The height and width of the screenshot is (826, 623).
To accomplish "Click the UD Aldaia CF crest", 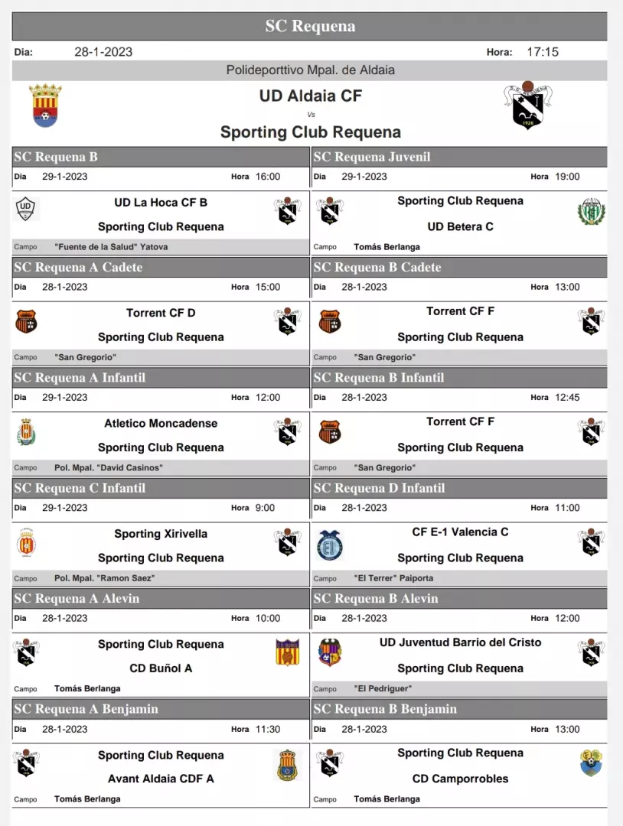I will pos(45,106).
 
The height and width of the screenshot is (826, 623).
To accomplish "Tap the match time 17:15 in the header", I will pos(543,52).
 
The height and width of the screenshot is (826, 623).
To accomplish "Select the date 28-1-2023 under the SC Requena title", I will pos(103,52).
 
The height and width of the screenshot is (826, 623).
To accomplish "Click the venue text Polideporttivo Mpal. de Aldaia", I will pos(311,70).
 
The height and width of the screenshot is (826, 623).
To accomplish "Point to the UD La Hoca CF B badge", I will pos(27,209).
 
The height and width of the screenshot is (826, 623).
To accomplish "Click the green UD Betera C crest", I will pos(592,211).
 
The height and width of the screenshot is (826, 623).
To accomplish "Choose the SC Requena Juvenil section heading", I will pos(372,157).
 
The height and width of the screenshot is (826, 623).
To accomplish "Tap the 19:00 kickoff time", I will pos(567,177).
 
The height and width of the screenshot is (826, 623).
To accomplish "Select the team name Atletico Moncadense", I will pos(161,423).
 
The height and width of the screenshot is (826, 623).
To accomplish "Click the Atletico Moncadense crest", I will pos(27,432).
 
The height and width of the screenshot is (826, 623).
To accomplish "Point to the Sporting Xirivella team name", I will pos(161,534).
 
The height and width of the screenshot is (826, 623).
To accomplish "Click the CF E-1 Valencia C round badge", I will pos(330,545).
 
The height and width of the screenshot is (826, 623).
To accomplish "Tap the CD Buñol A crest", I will pos(287,652).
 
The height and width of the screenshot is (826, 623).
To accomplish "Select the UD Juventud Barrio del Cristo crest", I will pos(330,652).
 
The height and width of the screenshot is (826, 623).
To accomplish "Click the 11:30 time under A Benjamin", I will pos(267,730).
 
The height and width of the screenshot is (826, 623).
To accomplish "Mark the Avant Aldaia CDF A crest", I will pos(287,765).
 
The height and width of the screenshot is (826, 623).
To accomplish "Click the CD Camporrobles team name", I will pos(460,779).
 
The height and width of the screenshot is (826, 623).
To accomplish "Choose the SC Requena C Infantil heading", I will pos(80,488).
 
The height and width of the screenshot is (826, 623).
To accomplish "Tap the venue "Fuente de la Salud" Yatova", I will pos(111,247).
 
